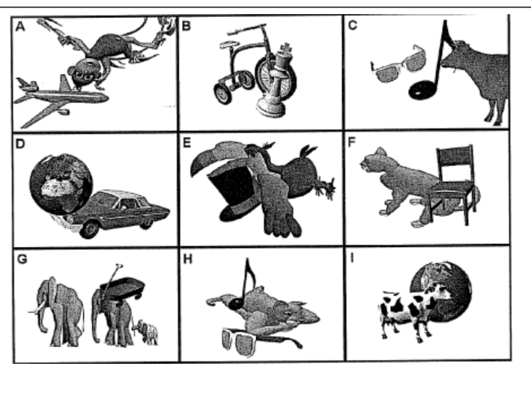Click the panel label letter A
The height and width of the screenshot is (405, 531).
tap(20, 26)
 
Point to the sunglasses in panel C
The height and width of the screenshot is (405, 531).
tap(398, 64)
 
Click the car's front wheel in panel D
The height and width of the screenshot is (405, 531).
tap(90, 230)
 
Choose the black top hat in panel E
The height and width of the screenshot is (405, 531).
tap(234, 193)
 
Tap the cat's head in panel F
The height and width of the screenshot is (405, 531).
tap(375, 160)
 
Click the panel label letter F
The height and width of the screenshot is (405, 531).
tap(352, 142)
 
